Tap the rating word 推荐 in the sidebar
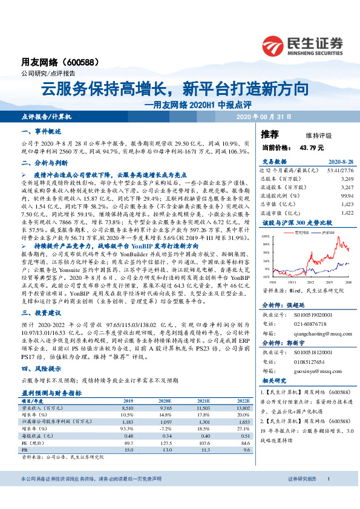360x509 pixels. coord(269,134)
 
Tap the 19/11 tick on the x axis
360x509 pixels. coord(292,282)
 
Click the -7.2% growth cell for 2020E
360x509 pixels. coord(165,428)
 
